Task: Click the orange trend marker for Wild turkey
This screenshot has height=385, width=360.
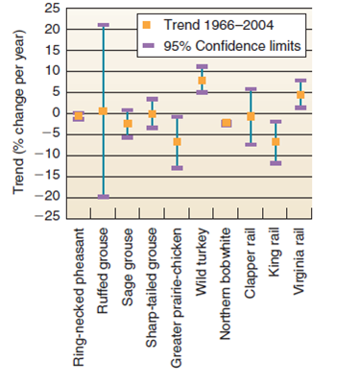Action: point(202,81)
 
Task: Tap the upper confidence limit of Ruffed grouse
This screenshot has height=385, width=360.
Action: point(103,25)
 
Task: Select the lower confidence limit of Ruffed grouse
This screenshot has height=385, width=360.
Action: point(103,196)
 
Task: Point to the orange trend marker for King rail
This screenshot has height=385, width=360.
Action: point(276,142)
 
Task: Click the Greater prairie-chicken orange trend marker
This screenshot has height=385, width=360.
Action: point(178,142)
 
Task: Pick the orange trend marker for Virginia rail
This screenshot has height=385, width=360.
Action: point(300,95)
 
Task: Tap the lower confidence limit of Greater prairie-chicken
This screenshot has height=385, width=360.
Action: point(178,168)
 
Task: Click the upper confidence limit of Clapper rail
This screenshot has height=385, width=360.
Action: point(252,89)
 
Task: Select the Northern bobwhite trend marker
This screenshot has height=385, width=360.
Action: point(227,123)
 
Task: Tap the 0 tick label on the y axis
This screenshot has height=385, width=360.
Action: point(55,112)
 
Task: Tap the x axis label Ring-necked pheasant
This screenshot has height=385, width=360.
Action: point(79,300)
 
